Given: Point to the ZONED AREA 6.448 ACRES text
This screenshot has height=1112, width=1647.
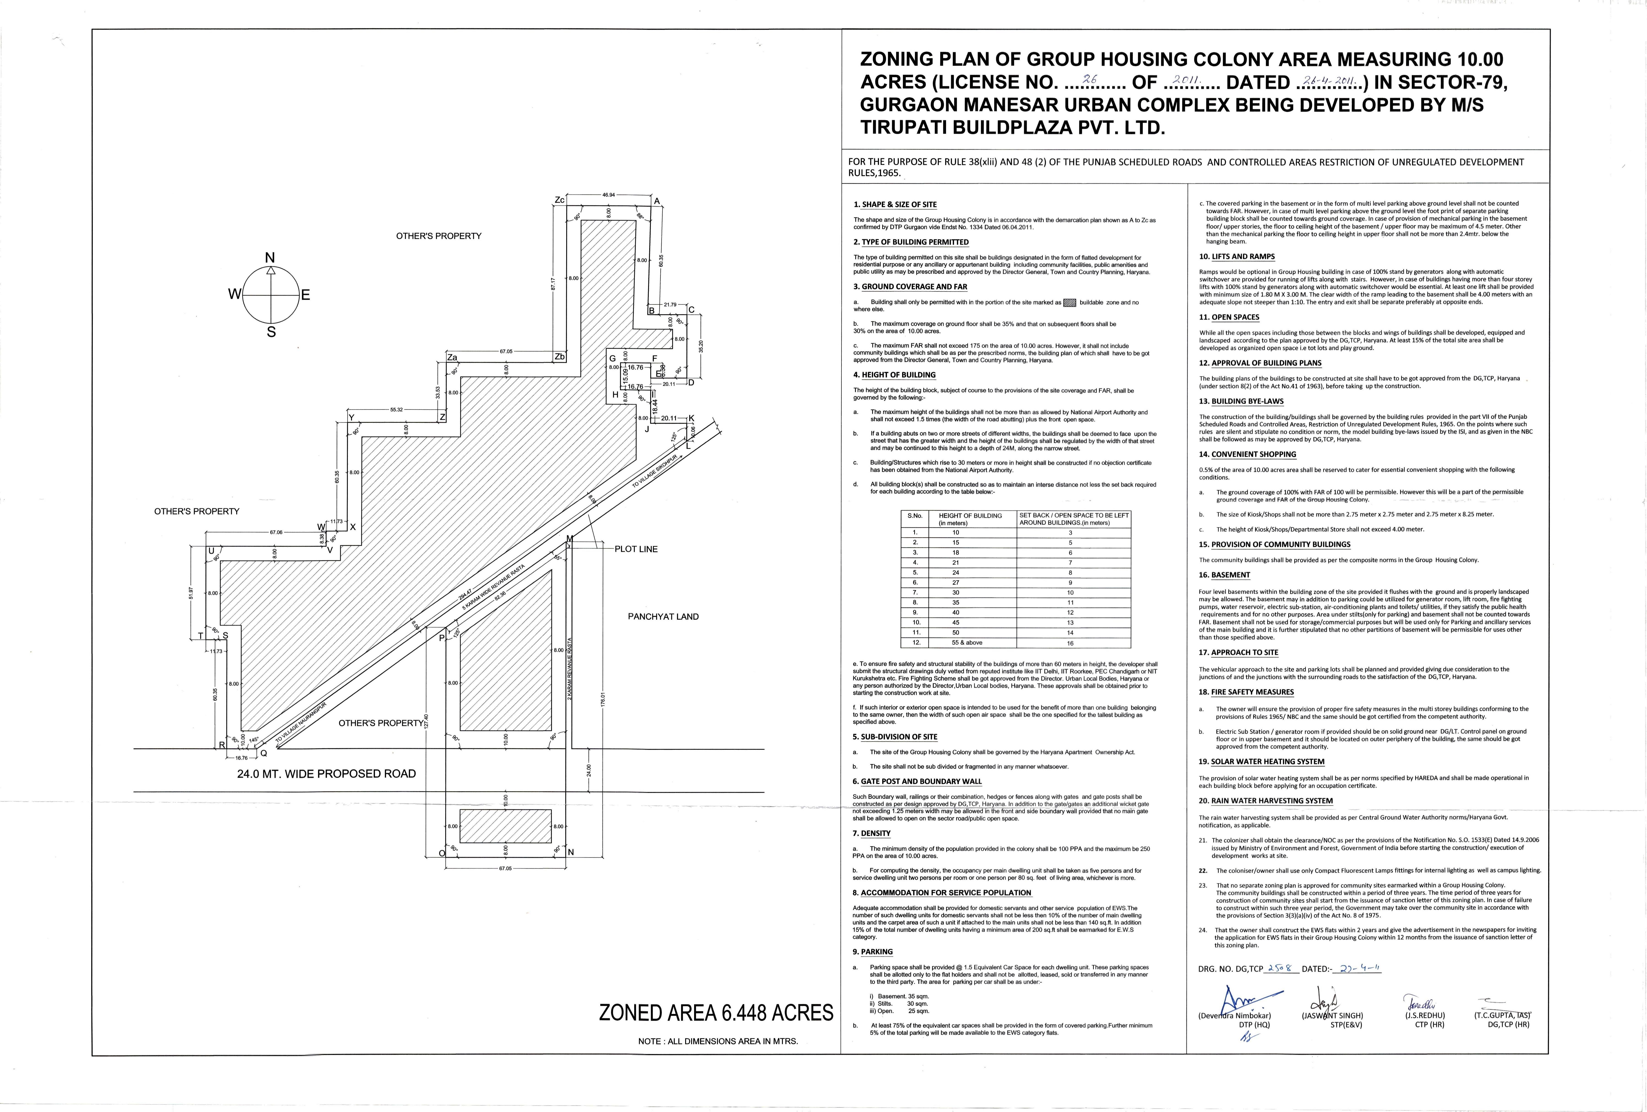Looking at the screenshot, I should pyautogui.click(x=716, y=1013).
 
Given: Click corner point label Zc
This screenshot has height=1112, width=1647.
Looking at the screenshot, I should pyautogui.click(x=559, y=201).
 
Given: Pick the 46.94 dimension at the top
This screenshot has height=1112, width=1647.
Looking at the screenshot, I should pyautogui.click(x=608, y=195).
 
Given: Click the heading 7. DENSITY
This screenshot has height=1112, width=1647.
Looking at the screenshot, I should pyautogui.click(x=872, y=834).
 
